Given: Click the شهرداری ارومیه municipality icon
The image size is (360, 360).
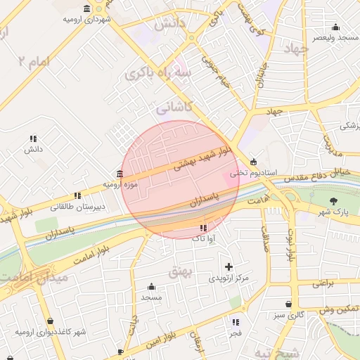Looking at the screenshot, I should (86, 8).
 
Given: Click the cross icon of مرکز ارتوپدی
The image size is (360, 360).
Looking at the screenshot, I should (229, 266).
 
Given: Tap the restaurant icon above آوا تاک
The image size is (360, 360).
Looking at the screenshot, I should (203, 228).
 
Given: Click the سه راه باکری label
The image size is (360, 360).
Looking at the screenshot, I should (158, 73).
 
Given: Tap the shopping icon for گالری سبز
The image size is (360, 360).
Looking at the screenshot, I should (289, 304).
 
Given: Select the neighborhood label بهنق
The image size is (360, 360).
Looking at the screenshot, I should (181, 270).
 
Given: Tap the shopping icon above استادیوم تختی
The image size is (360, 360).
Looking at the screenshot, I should (254, 161).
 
